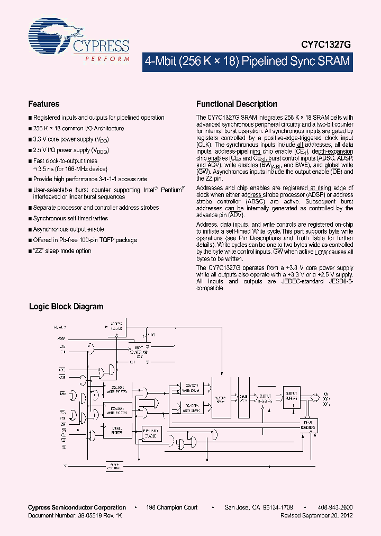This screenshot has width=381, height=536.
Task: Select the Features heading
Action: [43, 104]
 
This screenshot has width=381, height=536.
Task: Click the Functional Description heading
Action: [237, 104]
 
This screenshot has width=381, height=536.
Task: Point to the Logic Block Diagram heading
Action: [66, 307]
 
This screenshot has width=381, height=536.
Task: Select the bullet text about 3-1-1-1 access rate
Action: [90, 180]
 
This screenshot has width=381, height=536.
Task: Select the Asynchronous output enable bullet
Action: [69, 229]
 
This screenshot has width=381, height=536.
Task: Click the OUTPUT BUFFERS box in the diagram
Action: [292, 396]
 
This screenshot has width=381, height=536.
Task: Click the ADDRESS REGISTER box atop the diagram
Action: [116, 325]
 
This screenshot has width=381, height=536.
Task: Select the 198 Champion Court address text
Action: [172, 507]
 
